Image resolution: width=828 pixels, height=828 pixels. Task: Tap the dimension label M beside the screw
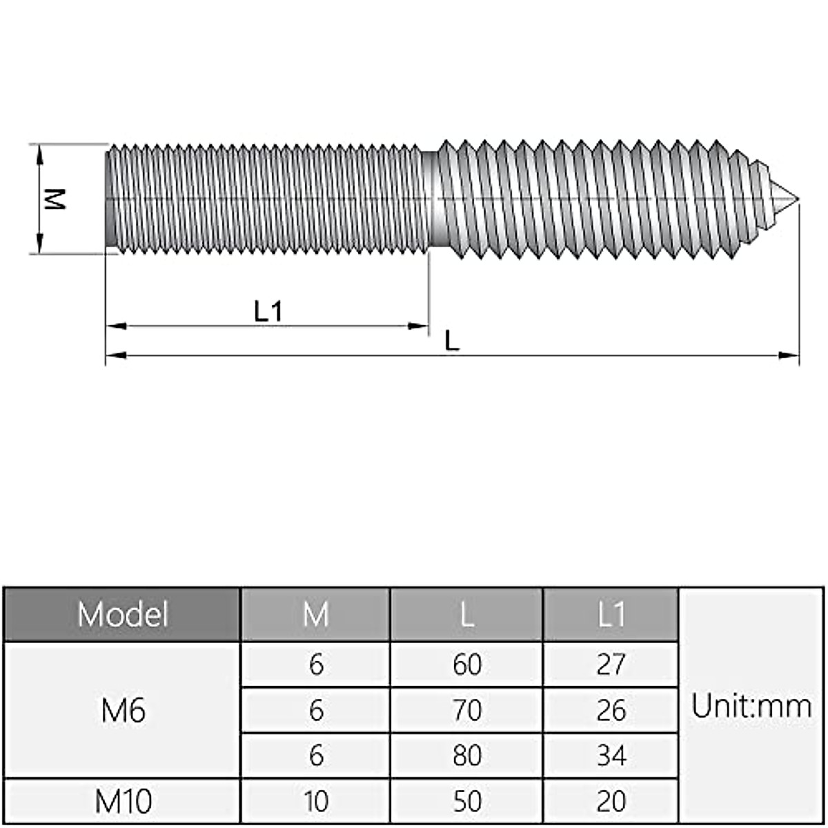coord(54,199)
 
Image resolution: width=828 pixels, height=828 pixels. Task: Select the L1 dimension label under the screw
coord(268,312)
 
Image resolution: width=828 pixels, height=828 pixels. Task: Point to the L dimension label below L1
coord(452,340)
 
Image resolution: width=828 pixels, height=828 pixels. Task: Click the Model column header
coord(122,614)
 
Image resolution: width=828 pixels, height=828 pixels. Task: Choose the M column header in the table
coord(315,614)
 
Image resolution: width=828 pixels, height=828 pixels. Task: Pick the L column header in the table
coord(467,614)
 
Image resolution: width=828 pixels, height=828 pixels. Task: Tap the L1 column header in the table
coord(611,614)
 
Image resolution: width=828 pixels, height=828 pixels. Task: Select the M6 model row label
coord(123,711)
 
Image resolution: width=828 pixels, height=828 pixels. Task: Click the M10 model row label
coord(123,801)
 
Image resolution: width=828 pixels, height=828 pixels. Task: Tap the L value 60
coord(467,664)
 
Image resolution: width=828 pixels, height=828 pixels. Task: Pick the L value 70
coord(467,710)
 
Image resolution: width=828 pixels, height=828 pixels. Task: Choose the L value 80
coord(467,756)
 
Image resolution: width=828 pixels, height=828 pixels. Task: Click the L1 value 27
coord(611,664)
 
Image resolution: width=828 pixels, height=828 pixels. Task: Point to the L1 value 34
coord(611,756)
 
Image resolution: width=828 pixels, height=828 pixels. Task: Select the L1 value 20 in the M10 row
coord(611,801)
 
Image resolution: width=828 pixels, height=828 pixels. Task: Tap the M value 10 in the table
coord(315,801)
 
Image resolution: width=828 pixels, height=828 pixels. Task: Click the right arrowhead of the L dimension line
coord(789,355)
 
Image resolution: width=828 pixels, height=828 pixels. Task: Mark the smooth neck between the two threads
coord(430,199)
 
